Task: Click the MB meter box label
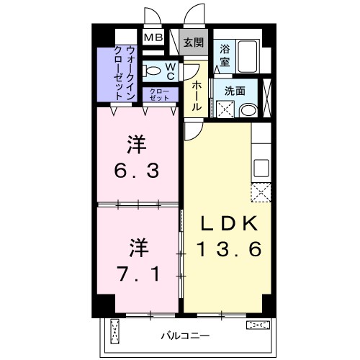coord(153,37)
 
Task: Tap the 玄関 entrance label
coord(194,42)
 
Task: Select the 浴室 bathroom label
coord(225,55)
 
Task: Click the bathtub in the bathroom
coord(248,56)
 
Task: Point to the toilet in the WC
coord(152,71)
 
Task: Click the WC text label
coord(171,71)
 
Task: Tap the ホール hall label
coord(196,96)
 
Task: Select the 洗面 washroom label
coord(235,91)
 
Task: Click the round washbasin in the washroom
coord(248,111)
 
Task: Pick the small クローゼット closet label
coord(159,94)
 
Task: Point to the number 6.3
coord(137,171)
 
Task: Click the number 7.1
coord(138,274)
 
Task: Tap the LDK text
coord(229,224)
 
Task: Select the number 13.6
coord(228,249)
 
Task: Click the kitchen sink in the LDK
coord(261,168)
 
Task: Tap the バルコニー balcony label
coord(185,336)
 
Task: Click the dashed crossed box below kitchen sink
coord(261,192)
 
